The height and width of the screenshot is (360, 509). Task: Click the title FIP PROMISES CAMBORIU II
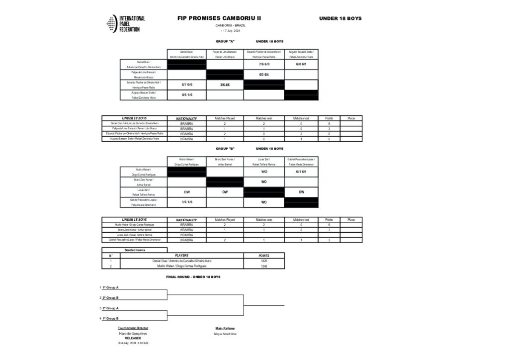(x=219, y=18)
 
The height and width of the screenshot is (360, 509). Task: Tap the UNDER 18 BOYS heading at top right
(x=340, y=18)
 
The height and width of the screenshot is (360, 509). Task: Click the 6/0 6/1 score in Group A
(x=301, y=64)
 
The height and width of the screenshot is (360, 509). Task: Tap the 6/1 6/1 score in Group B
(x=301, y=172)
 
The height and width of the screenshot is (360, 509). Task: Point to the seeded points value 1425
(x=264, y=261)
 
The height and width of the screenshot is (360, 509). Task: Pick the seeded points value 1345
(x=264, y=266)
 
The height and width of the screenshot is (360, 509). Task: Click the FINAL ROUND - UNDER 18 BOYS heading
(x=192, y=276)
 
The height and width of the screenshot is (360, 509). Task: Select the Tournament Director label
(x=133, y=328)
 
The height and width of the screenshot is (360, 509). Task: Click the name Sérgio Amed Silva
(x=225, y=334)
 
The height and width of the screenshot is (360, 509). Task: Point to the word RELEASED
(x=133, y=338)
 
